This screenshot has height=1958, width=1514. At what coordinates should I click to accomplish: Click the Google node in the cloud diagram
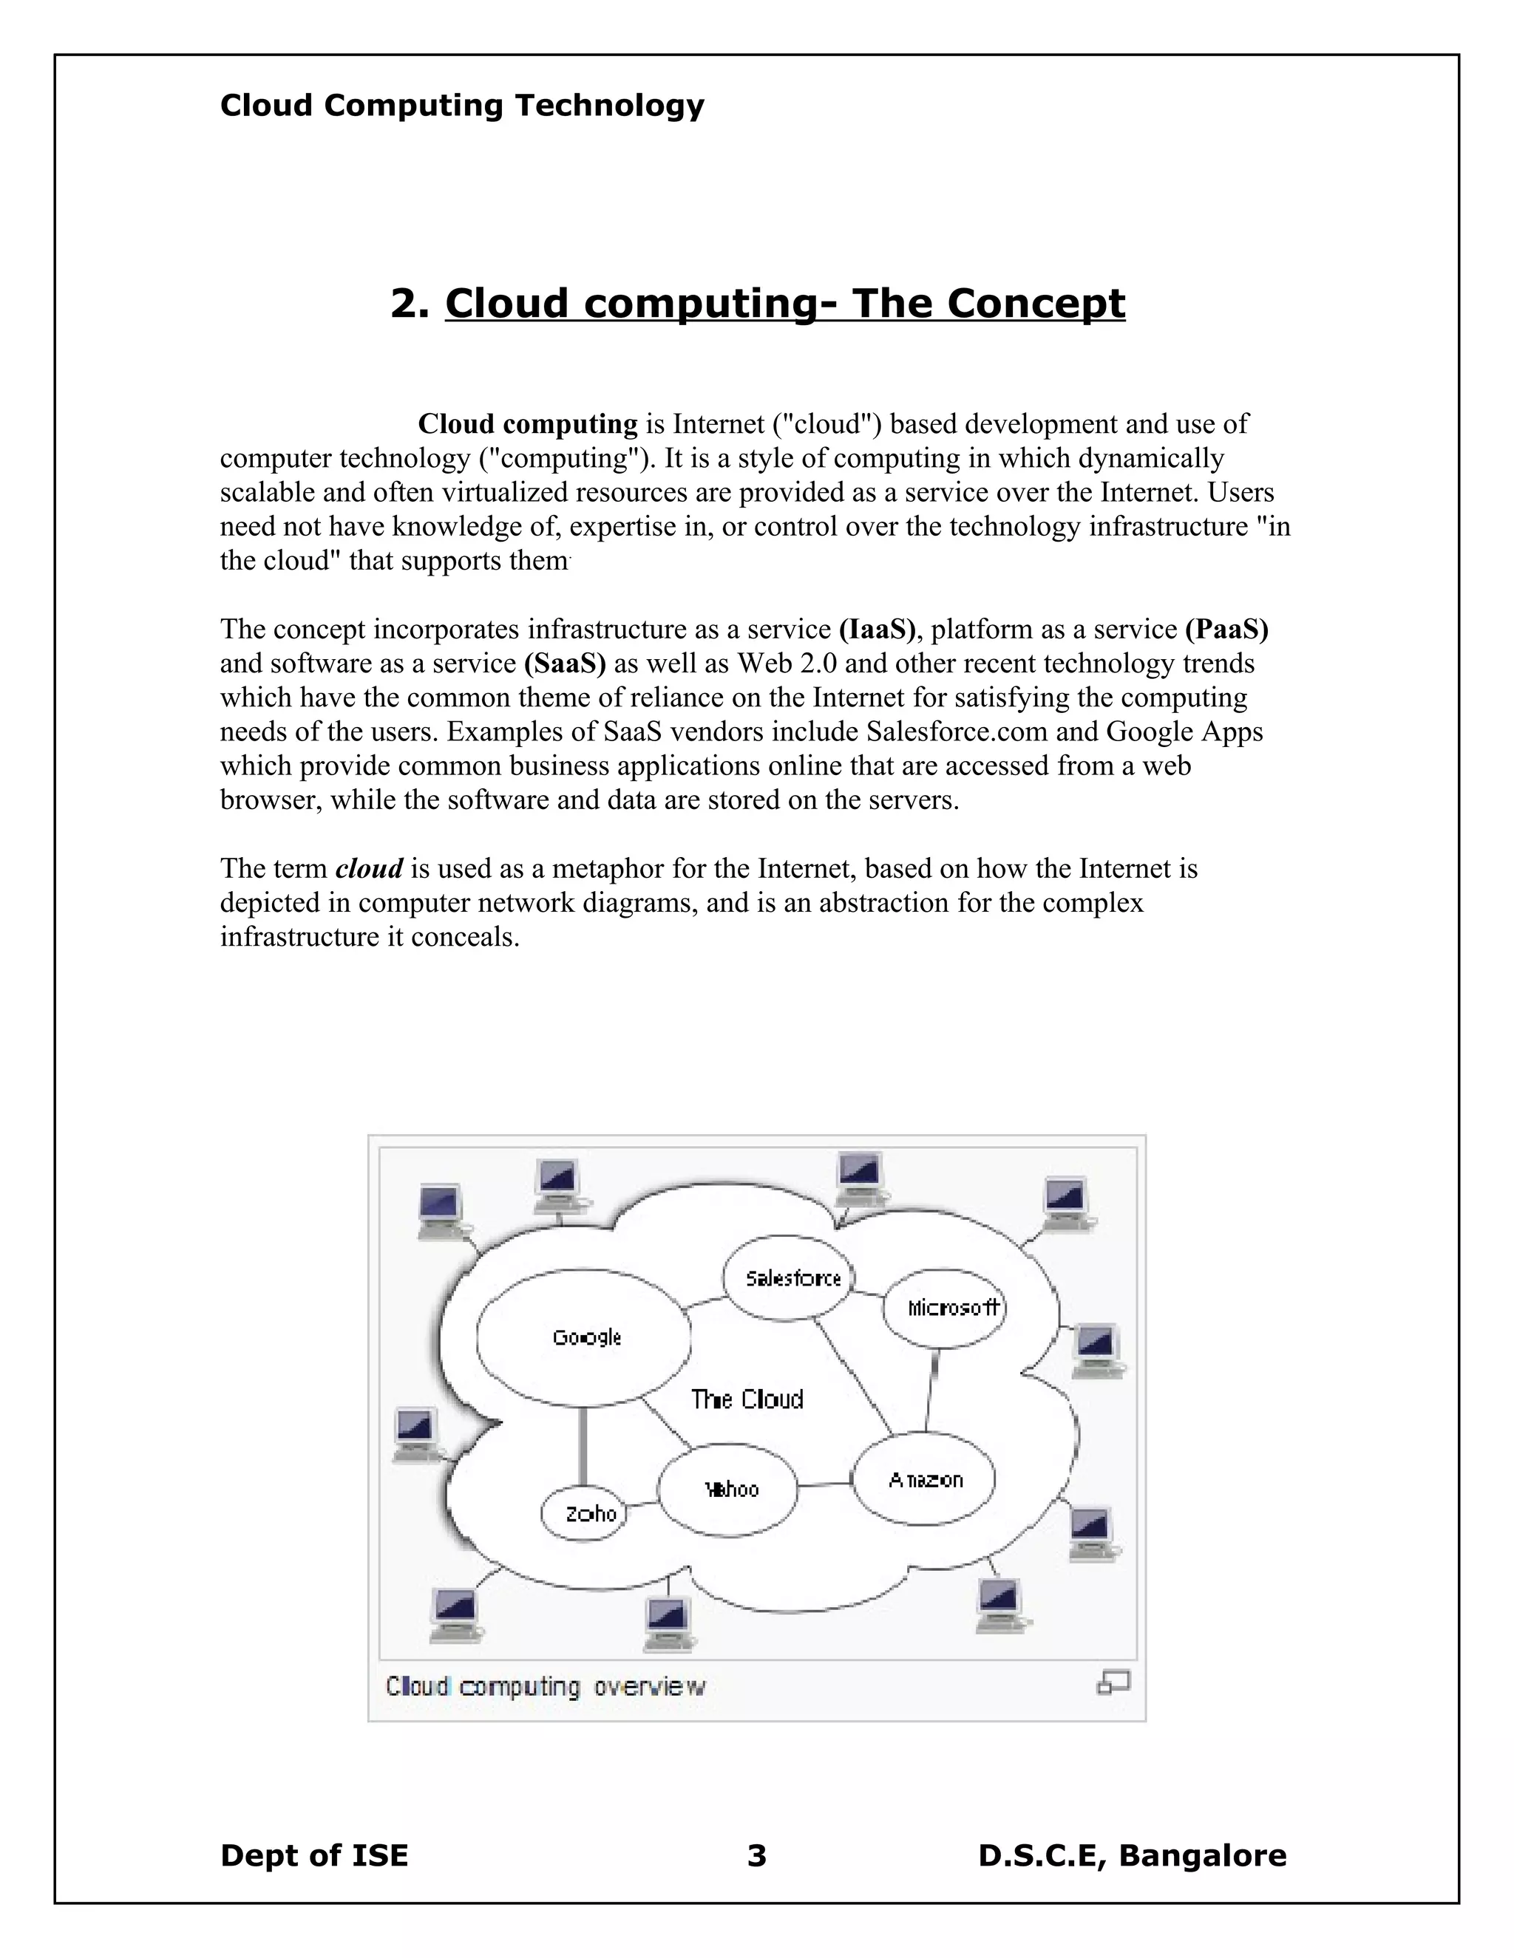(x=584, y=1337)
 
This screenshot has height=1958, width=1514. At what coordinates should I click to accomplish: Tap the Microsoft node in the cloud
(x=946, y=1308)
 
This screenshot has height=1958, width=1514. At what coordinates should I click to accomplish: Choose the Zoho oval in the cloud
(x=584, y=1514)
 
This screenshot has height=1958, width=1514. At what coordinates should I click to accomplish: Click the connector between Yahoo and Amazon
(x=824, y=1484)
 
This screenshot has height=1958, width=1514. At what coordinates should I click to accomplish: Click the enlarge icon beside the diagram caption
(x=1113, y=1682)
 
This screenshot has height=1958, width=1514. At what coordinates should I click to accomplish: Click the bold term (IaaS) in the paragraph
(x=878, y=630)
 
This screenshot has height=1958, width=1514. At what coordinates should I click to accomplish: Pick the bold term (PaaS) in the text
(x=1226, y=630)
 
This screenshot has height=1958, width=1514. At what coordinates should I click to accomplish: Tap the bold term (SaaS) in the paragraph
(x=565, y=664)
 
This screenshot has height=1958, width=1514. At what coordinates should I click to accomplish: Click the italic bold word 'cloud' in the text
(x=369, y=869)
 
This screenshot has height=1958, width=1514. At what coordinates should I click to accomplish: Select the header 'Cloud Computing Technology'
(x=462, y=106)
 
